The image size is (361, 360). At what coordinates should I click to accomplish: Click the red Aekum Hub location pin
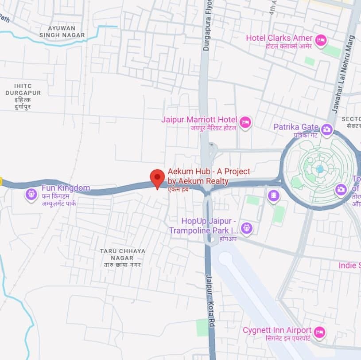(x=157, y=178)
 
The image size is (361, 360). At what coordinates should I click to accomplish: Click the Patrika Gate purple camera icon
(x=327, y=129)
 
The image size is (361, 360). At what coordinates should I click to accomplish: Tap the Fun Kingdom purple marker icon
(x=31, y=193)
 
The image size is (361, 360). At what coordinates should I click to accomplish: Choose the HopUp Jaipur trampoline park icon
(x=246, y=228)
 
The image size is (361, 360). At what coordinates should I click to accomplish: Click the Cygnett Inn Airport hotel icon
(x=319, y=332)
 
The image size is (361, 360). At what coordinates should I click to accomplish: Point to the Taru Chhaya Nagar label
(x=122, y=254)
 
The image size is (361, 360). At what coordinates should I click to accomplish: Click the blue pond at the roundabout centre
(x=320, y=169)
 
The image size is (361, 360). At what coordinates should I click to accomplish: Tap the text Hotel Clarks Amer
(x=279, y=38)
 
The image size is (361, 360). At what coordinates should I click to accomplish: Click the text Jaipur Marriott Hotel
(x=199, y=119)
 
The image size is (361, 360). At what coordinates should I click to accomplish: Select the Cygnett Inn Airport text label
(x=277, y=330)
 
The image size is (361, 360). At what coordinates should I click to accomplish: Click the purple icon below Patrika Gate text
(x=341, y=189)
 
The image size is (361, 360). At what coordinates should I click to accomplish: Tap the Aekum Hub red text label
(x=208, y=176)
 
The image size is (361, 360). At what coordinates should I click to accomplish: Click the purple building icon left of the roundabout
(x=274, y=196)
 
